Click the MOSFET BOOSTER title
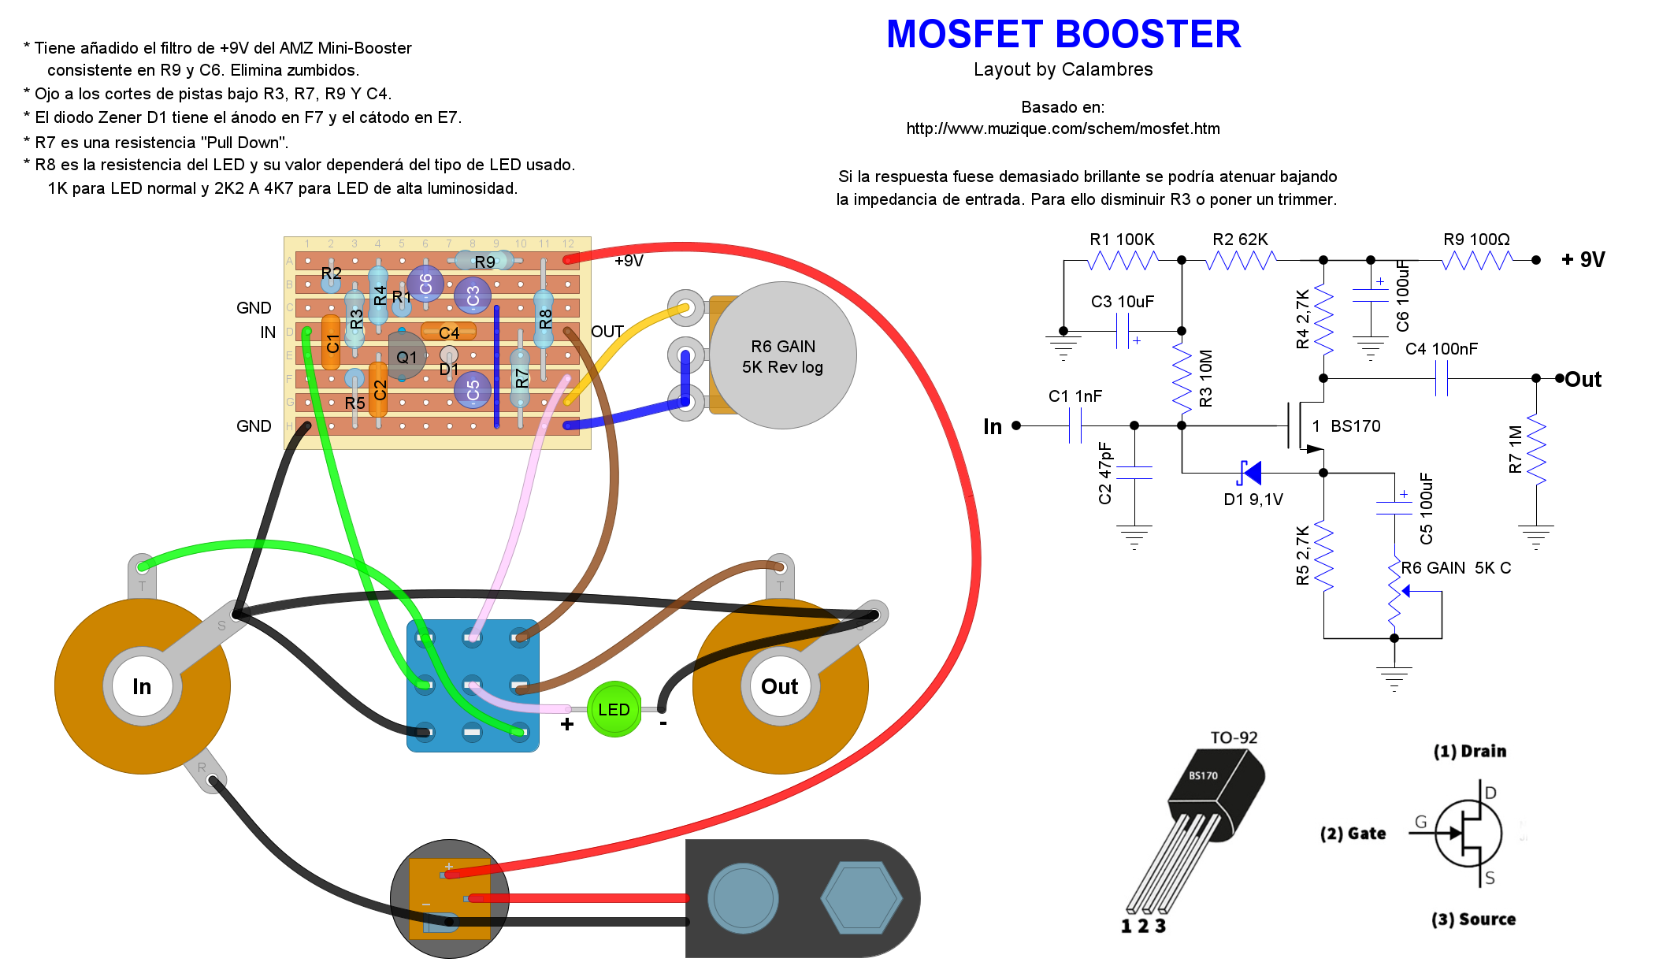(x=1063, y=35)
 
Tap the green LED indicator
(x=614, y=710)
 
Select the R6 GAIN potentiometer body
(x=782, y=356)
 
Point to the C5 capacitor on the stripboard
(x=473, y=390)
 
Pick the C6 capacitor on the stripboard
(x=425, y=284)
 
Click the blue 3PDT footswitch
(x=473, y=685)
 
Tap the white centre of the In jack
(x=142, y=686)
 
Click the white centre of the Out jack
(x=780, y=686)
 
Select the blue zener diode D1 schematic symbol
(x=1249, y=473)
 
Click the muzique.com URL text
(x=1063, y=128)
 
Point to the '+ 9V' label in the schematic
(x=1583, y=260)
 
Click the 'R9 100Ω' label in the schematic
(x=1476, y=240)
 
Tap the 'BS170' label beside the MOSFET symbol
(x=1355, y=426)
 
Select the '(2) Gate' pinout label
(x=1353, y=834)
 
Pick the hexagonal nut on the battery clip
(x=861, y=898)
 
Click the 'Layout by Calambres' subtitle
(x=1063, y=69)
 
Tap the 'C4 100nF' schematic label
(x=1442, y=349)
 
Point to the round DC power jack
(x=450, y=898)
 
